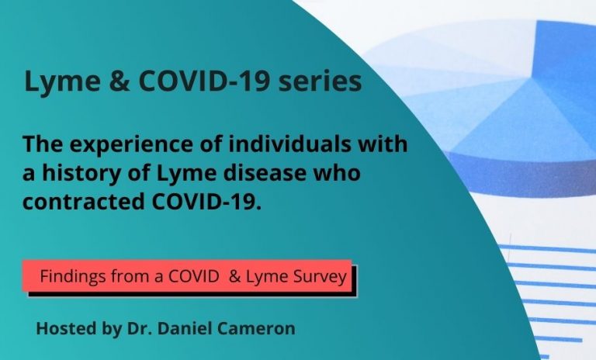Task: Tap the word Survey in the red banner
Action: tap(319, 276)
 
